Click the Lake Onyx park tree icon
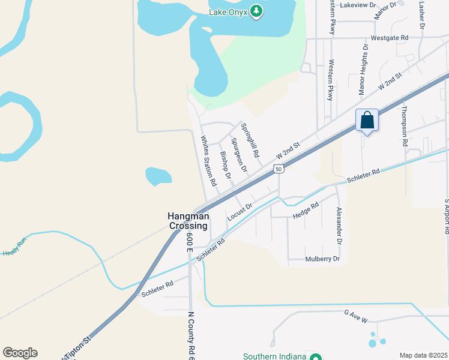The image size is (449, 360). coord(256,11)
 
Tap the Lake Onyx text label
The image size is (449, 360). coord(229,11)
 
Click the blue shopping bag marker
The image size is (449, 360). coord(367,121)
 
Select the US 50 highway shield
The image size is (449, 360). coord(278,169)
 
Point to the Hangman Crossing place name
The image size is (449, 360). coord(188,221)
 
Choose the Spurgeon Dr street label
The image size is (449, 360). coord(240,155)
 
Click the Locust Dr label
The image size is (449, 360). coord(240,212)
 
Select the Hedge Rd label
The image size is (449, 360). coord(306,209)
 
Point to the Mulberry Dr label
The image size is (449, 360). coord(322,259)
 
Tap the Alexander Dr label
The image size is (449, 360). coord(339,226)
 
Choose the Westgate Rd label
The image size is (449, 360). coord(390,37)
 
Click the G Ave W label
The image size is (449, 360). coord(355,317)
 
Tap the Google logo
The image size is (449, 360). coord(20,353)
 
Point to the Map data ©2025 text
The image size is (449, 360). coord(423,355)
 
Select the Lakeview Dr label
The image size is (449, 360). coord(357,5)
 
